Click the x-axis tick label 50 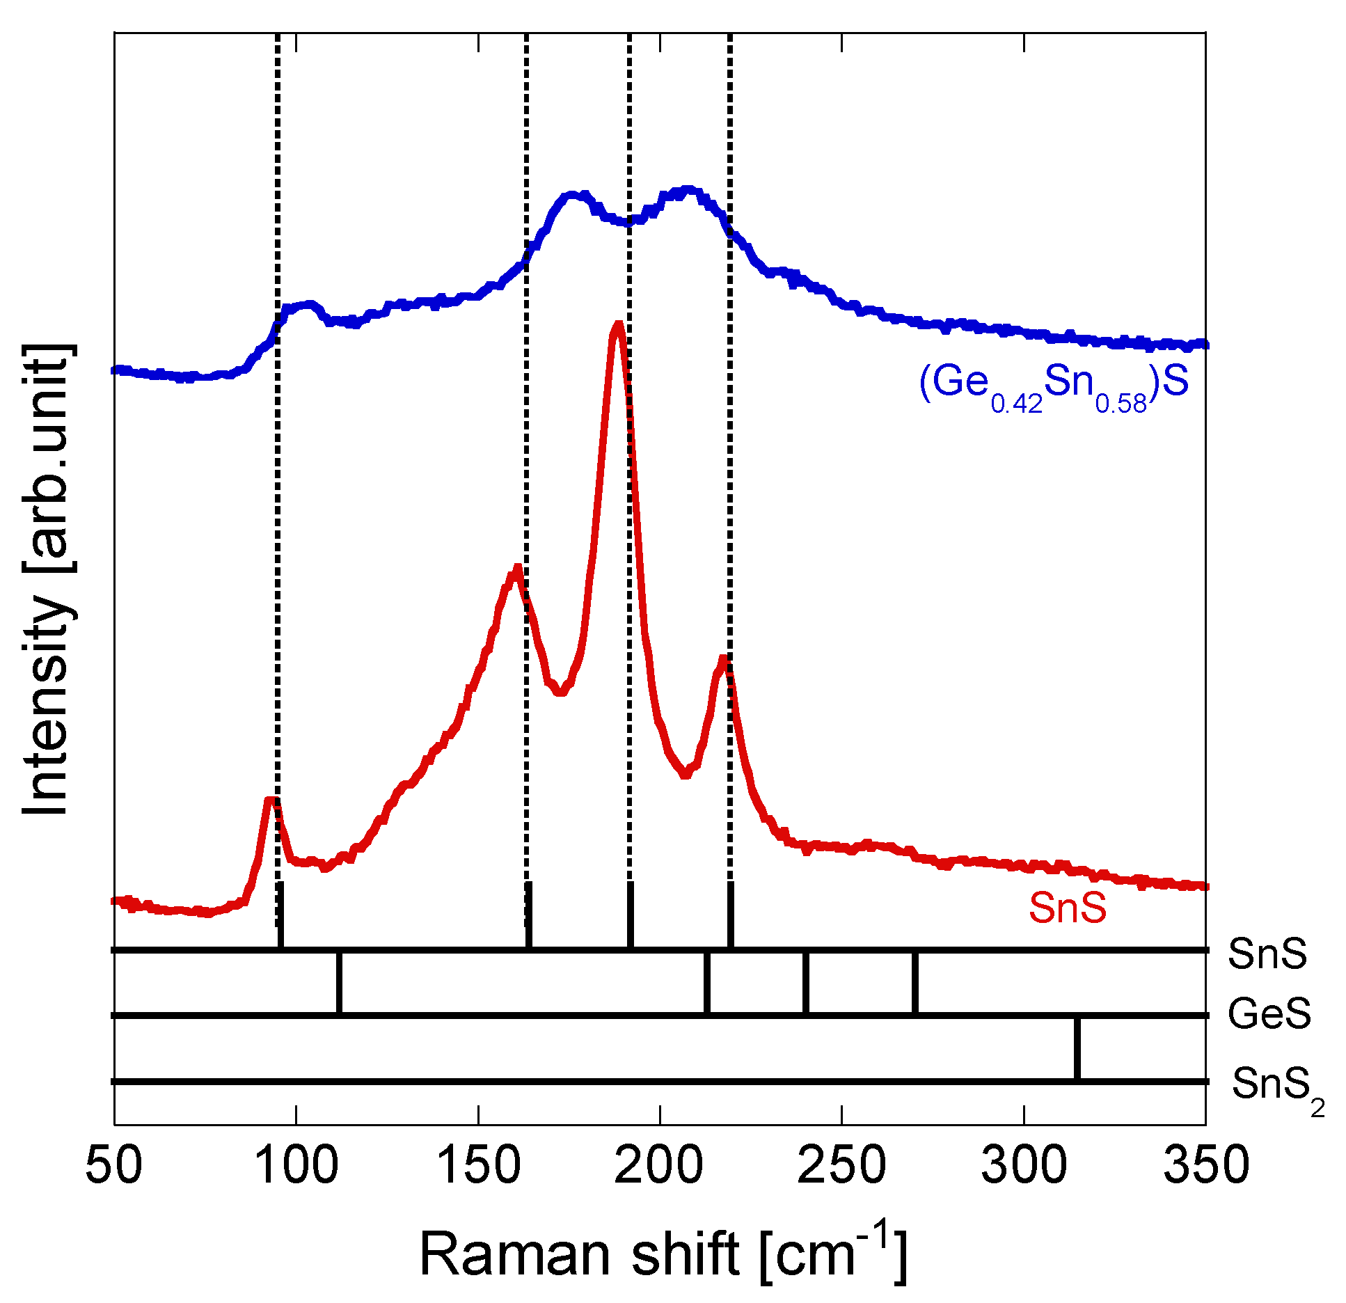[113, 1166]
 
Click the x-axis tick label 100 [296, 1166]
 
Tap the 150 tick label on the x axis [478, 1166]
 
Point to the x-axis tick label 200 [659, 1166]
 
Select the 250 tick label [841, 1166]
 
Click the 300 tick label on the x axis [1024, 1166]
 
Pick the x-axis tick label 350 [1206, 1166]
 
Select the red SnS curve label [1067, 908]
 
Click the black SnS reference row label [1267, 954]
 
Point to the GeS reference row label [1269, 1013]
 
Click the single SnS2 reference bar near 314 [1077, 1048]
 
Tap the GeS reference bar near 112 [339, 983]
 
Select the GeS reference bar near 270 [915, 983]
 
